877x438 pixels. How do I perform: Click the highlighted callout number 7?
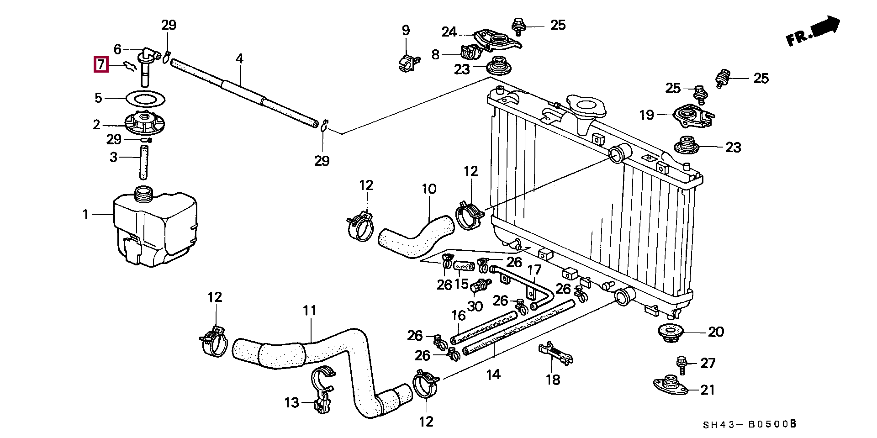click(x=100, y=64)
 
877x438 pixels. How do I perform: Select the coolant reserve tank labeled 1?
click(x=156, y=227)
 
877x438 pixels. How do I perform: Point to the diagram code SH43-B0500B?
click(x=750, y=424)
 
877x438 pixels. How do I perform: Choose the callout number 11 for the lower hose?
click(x=310, y=311)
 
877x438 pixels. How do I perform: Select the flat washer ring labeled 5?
click(x=145, y=98)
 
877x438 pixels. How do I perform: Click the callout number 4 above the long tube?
click(x=239, y=58)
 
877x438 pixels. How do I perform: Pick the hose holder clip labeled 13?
click(x=323, y=389)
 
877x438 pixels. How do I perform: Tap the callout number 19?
click(x=647, y=115)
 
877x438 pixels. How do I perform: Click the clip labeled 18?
click(x=556, y=354)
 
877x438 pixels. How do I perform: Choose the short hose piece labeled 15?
click(x=464, y=264)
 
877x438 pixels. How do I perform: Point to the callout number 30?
click(x=475, y=306)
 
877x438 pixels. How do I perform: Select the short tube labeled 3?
click(x=144, y=163)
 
